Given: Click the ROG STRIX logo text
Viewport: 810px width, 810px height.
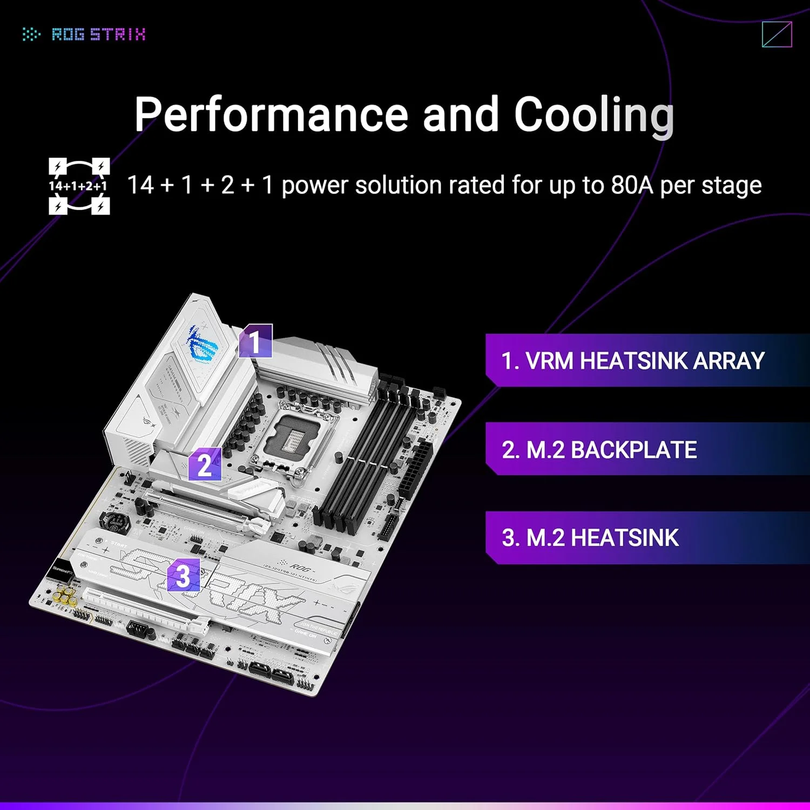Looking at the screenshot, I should click(x=98, y=35).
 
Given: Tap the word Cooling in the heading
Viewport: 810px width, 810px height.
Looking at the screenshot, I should click(x=594, y=114).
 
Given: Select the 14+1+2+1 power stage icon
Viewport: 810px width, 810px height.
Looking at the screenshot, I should click(x=79, y=186).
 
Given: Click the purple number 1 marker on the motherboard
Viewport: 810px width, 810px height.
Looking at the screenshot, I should click(x=255, y=341).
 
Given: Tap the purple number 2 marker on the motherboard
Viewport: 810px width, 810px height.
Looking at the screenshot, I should click(x=205, y=464).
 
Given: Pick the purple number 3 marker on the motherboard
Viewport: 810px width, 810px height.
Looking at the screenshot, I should click(x=183, y=575).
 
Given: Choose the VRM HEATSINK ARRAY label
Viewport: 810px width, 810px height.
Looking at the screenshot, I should click(x=632, y=361).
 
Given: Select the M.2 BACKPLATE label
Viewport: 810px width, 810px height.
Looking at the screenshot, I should click(x=599, y=450).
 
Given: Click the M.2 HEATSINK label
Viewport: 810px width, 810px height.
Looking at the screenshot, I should click(x=590, y=538).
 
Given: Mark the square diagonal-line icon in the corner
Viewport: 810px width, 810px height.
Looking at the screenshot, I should click(x=777, y=35).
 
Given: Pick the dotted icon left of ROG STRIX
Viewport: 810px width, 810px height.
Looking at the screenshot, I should click(x=31, y=35).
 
